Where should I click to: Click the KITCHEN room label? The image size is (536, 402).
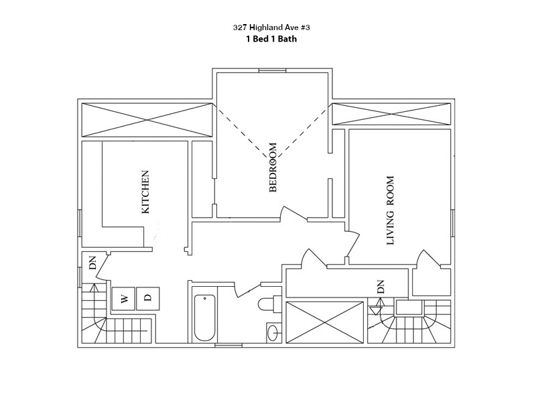coord(145,192)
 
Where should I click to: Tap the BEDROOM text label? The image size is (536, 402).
coord(273,167)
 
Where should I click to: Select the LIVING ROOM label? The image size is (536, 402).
coord(391,211)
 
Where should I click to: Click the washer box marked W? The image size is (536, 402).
coord(123,299)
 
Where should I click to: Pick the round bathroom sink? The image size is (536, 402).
coord(273,332)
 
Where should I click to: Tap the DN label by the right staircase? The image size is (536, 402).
coord(380,287)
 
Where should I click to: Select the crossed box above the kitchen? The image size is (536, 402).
coord(145,121)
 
